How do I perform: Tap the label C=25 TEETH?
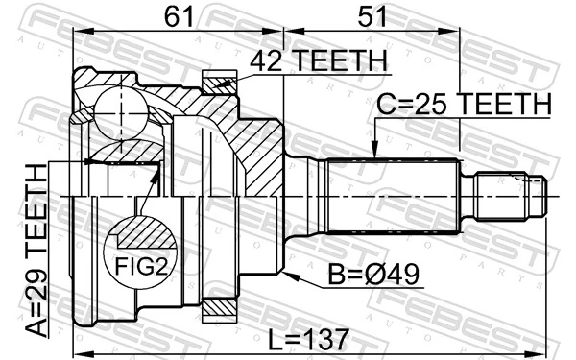coord(464,103)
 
